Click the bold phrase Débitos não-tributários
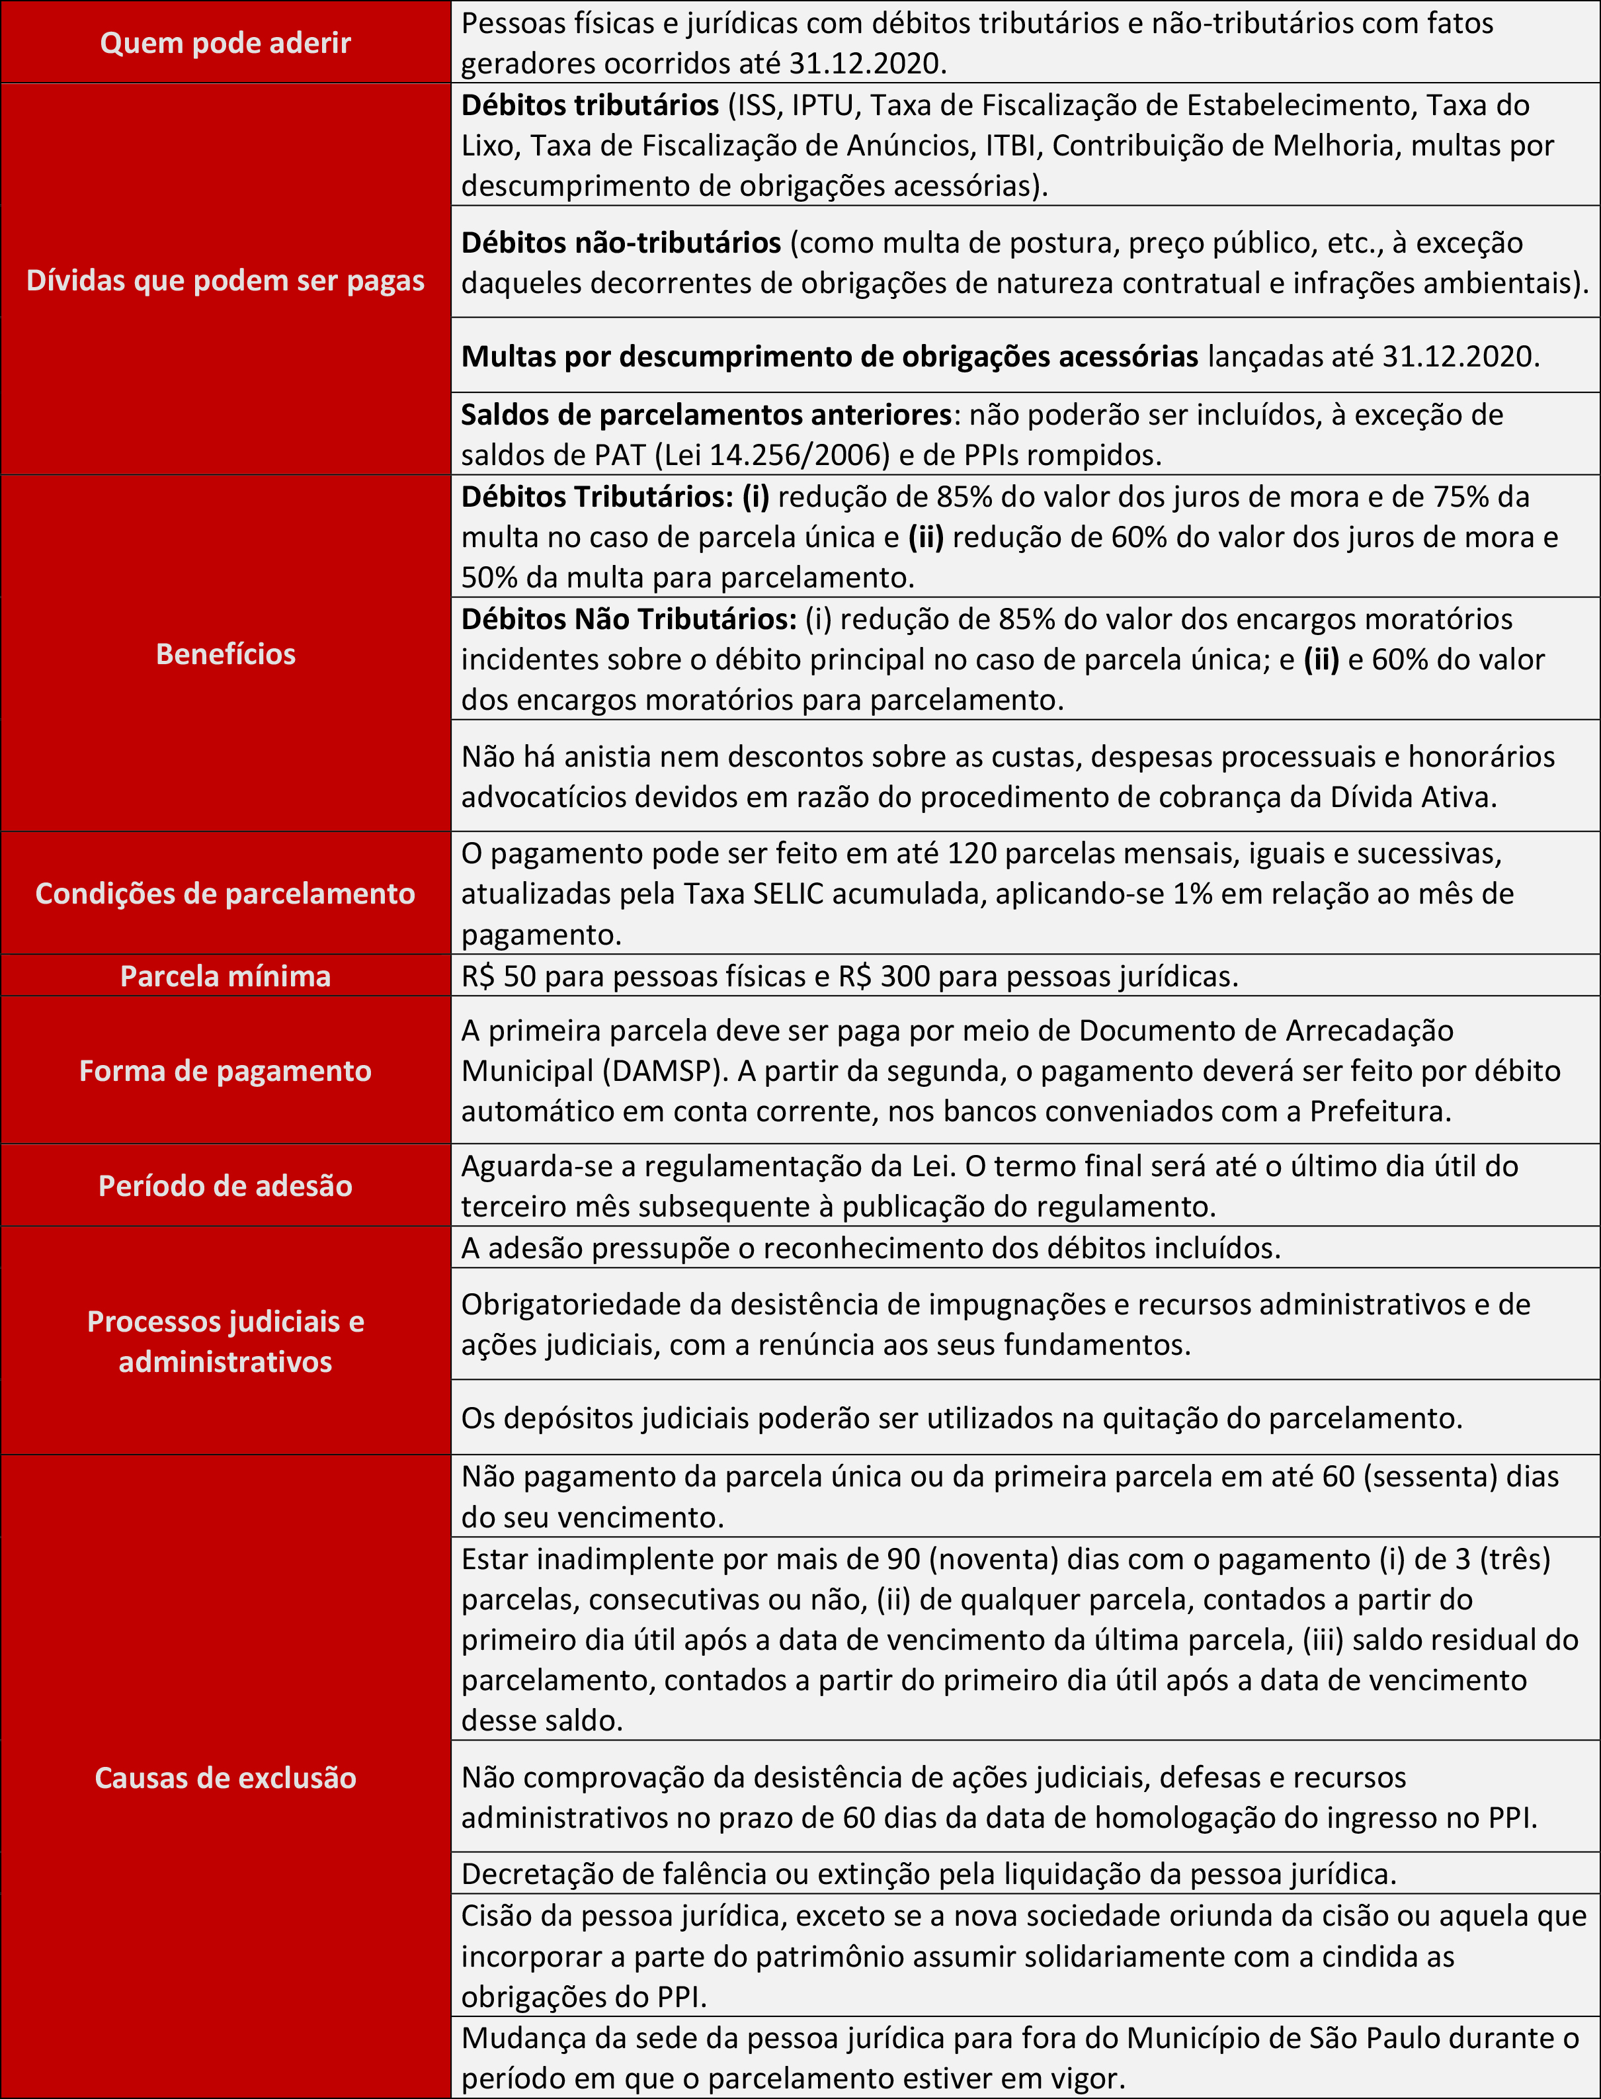(622, 243)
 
